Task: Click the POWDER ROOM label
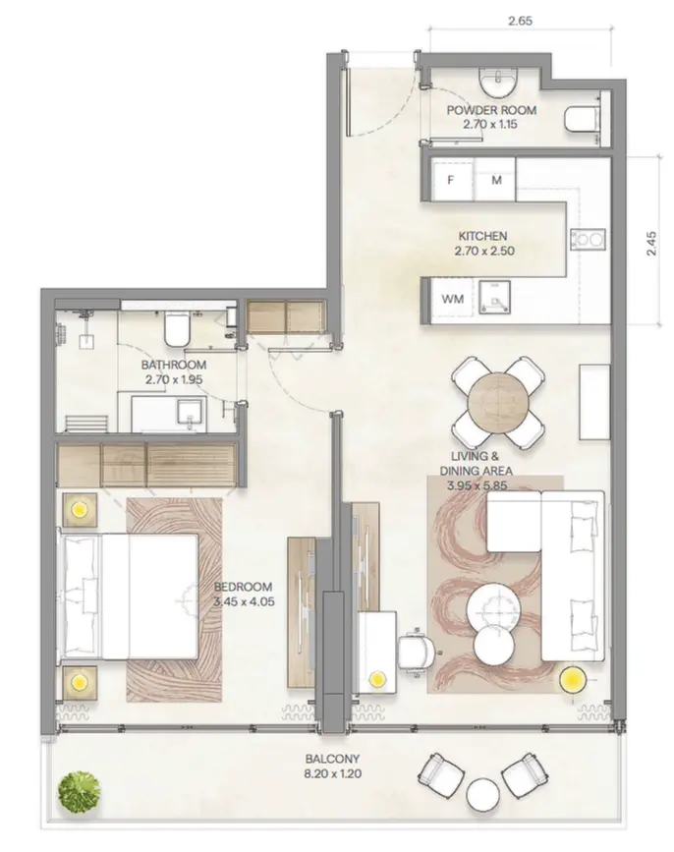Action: (480, 118)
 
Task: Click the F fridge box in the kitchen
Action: (451, 181)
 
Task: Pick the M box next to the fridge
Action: (496, 181)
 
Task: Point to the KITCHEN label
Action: (481, 244)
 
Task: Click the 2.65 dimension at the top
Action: (521, 19)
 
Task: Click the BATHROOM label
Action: (172, 369)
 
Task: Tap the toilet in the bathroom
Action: (178, 330)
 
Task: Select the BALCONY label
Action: (331, 766)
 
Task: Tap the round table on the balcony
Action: (483, 793)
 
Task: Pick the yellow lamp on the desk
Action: (375, 677)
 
